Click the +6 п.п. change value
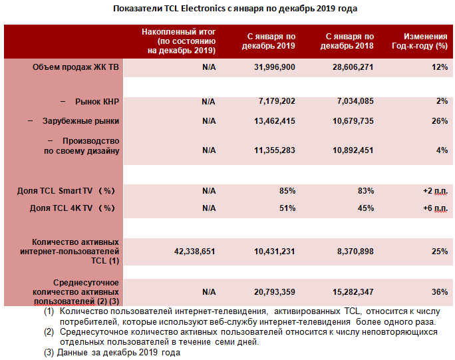point(435,208)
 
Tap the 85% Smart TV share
point(287,191)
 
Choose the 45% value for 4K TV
point(365,208)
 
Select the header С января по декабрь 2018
point(347,41)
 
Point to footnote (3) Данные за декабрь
point(112,353)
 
